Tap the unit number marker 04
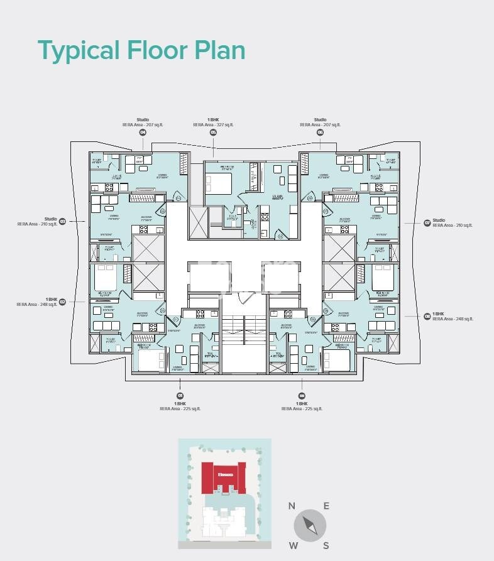click(143, 133)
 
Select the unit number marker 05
click(213, 133)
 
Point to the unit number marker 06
click(320, 133)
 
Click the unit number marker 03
click(62, 221)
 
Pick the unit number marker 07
click(427, 222)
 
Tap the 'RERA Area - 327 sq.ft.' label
click(213, 125)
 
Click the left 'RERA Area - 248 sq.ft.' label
click(36, 304)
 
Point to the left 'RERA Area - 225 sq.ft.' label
click(180, 408)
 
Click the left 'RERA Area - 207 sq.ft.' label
click(143, 125)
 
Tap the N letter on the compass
click(292, 506)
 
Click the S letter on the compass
click(326, 545)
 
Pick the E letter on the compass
click(326, 506)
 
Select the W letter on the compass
click(293, 545)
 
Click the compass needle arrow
click(310, 526)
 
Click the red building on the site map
click(223, 477)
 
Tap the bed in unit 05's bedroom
click(218, 183)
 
